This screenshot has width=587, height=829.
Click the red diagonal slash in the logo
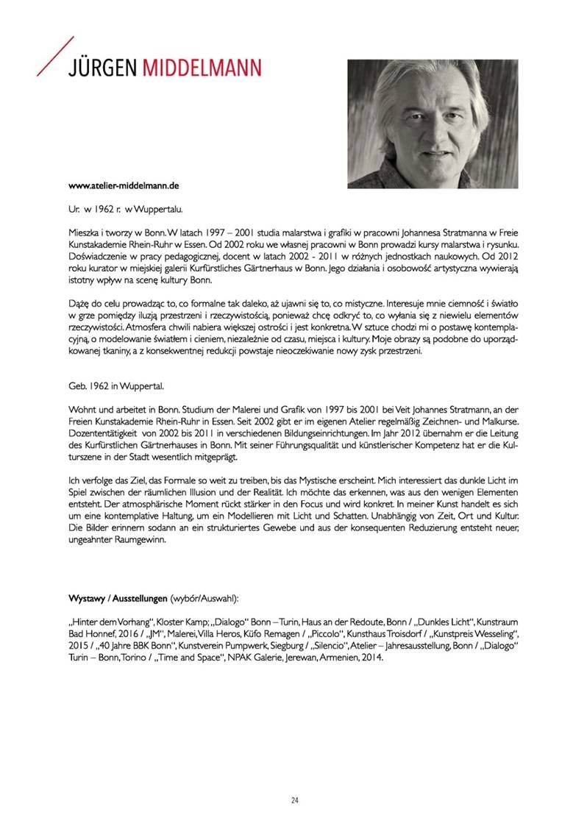tap(54, 55)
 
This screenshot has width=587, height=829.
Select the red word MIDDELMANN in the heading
tap(202, 68)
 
